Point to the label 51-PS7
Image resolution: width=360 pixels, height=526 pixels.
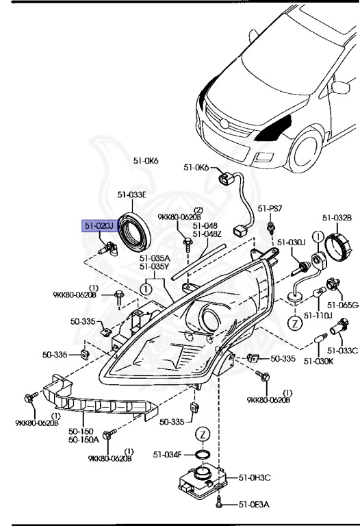(270, 208)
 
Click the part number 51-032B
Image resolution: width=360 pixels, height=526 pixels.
(337, 218)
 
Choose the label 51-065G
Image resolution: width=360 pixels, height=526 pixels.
(342, 305)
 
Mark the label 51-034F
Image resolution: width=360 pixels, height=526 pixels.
(168, 453)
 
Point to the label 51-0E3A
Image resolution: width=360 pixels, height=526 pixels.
(254, 505)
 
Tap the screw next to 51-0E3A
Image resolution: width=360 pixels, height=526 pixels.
(219, 504)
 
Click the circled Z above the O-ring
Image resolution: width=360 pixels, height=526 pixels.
(202, 434)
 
